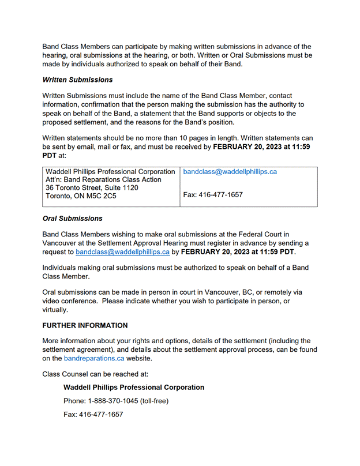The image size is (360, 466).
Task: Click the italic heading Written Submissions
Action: (x=77, y=80)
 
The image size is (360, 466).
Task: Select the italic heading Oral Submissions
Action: (x=73, y=219)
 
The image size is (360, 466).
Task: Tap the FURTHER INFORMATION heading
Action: (x=85, y=325)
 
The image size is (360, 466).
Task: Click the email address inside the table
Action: (x=230, y=172)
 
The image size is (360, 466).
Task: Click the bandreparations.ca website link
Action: (x=94, y=358)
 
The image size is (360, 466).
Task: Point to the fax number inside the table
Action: (x=212, y=195)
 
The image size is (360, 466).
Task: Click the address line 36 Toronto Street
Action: (x=92, y=188)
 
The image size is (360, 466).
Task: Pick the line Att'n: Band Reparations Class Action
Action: (x=103, y=180)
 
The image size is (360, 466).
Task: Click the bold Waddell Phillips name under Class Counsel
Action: (x=133, y=387)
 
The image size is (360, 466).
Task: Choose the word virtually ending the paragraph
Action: (x=55, y=310)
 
